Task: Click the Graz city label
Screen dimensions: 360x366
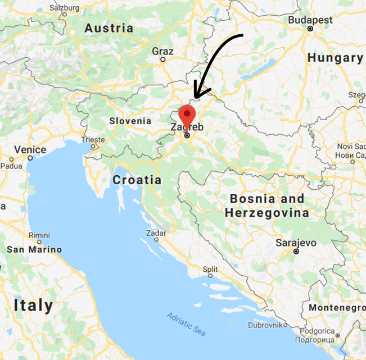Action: [x=162, y=51]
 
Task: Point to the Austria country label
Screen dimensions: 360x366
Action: [x=109, y=28]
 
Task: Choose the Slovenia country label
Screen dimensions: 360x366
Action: [x=130, y=121]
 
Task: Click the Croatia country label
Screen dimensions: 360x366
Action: [x=137, y=180]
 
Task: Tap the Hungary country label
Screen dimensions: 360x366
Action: [x=335, y=57]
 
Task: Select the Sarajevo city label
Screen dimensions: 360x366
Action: [x=296, y=243]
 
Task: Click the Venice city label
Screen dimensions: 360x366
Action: [x=30, y=150]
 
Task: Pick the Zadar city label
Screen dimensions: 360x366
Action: [x=155, y=233]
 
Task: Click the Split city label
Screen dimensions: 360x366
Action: [x=210, y=269]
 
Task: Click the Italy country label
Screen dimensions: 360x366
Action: [x=34, y=306]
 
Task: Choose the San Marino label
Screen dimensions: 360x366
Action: [x=34, y=249]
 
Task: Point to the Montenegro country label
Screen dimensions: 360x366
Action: [x=336, y=308]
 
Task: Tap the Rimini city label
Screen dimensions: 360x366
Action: [x=39, y=235]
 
